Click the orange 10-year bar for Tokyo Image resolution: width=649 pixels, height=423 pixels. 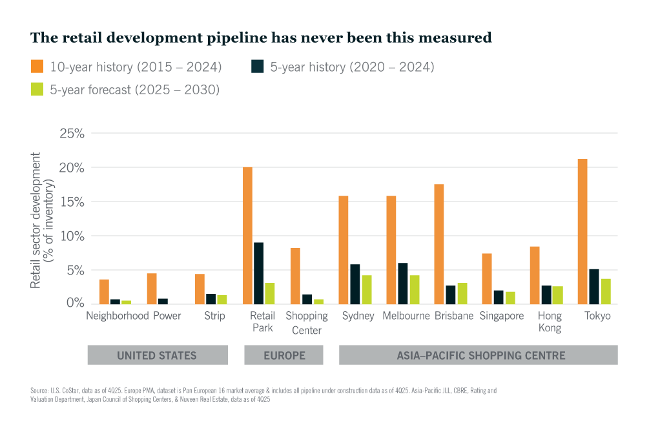point(583,231)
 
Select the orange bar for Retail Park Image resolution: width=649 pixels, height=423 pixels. point(248,235)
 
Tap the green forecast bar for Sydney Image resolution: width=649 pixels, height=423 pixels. point(366,289)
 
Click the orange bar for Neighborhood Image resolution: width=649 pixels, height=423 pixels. point(104,291)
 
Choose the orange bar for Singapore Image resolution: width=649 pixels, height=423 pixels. point(487,278)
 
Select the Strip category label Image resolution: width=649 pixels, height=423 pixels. point(214,316)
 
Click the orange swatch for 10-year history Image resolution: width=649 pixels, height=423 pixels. point(37,67)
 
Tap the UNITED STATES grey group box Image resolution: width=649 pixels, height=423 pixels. point(157,355)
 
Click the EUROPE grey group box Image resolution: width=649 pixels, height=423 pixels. point(283,355)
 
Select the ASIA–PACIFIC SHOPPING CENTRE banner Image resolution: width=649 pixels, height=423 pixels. point(478,355)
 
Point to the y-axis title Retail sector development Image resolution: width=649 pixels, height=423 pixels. point(36,220)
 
